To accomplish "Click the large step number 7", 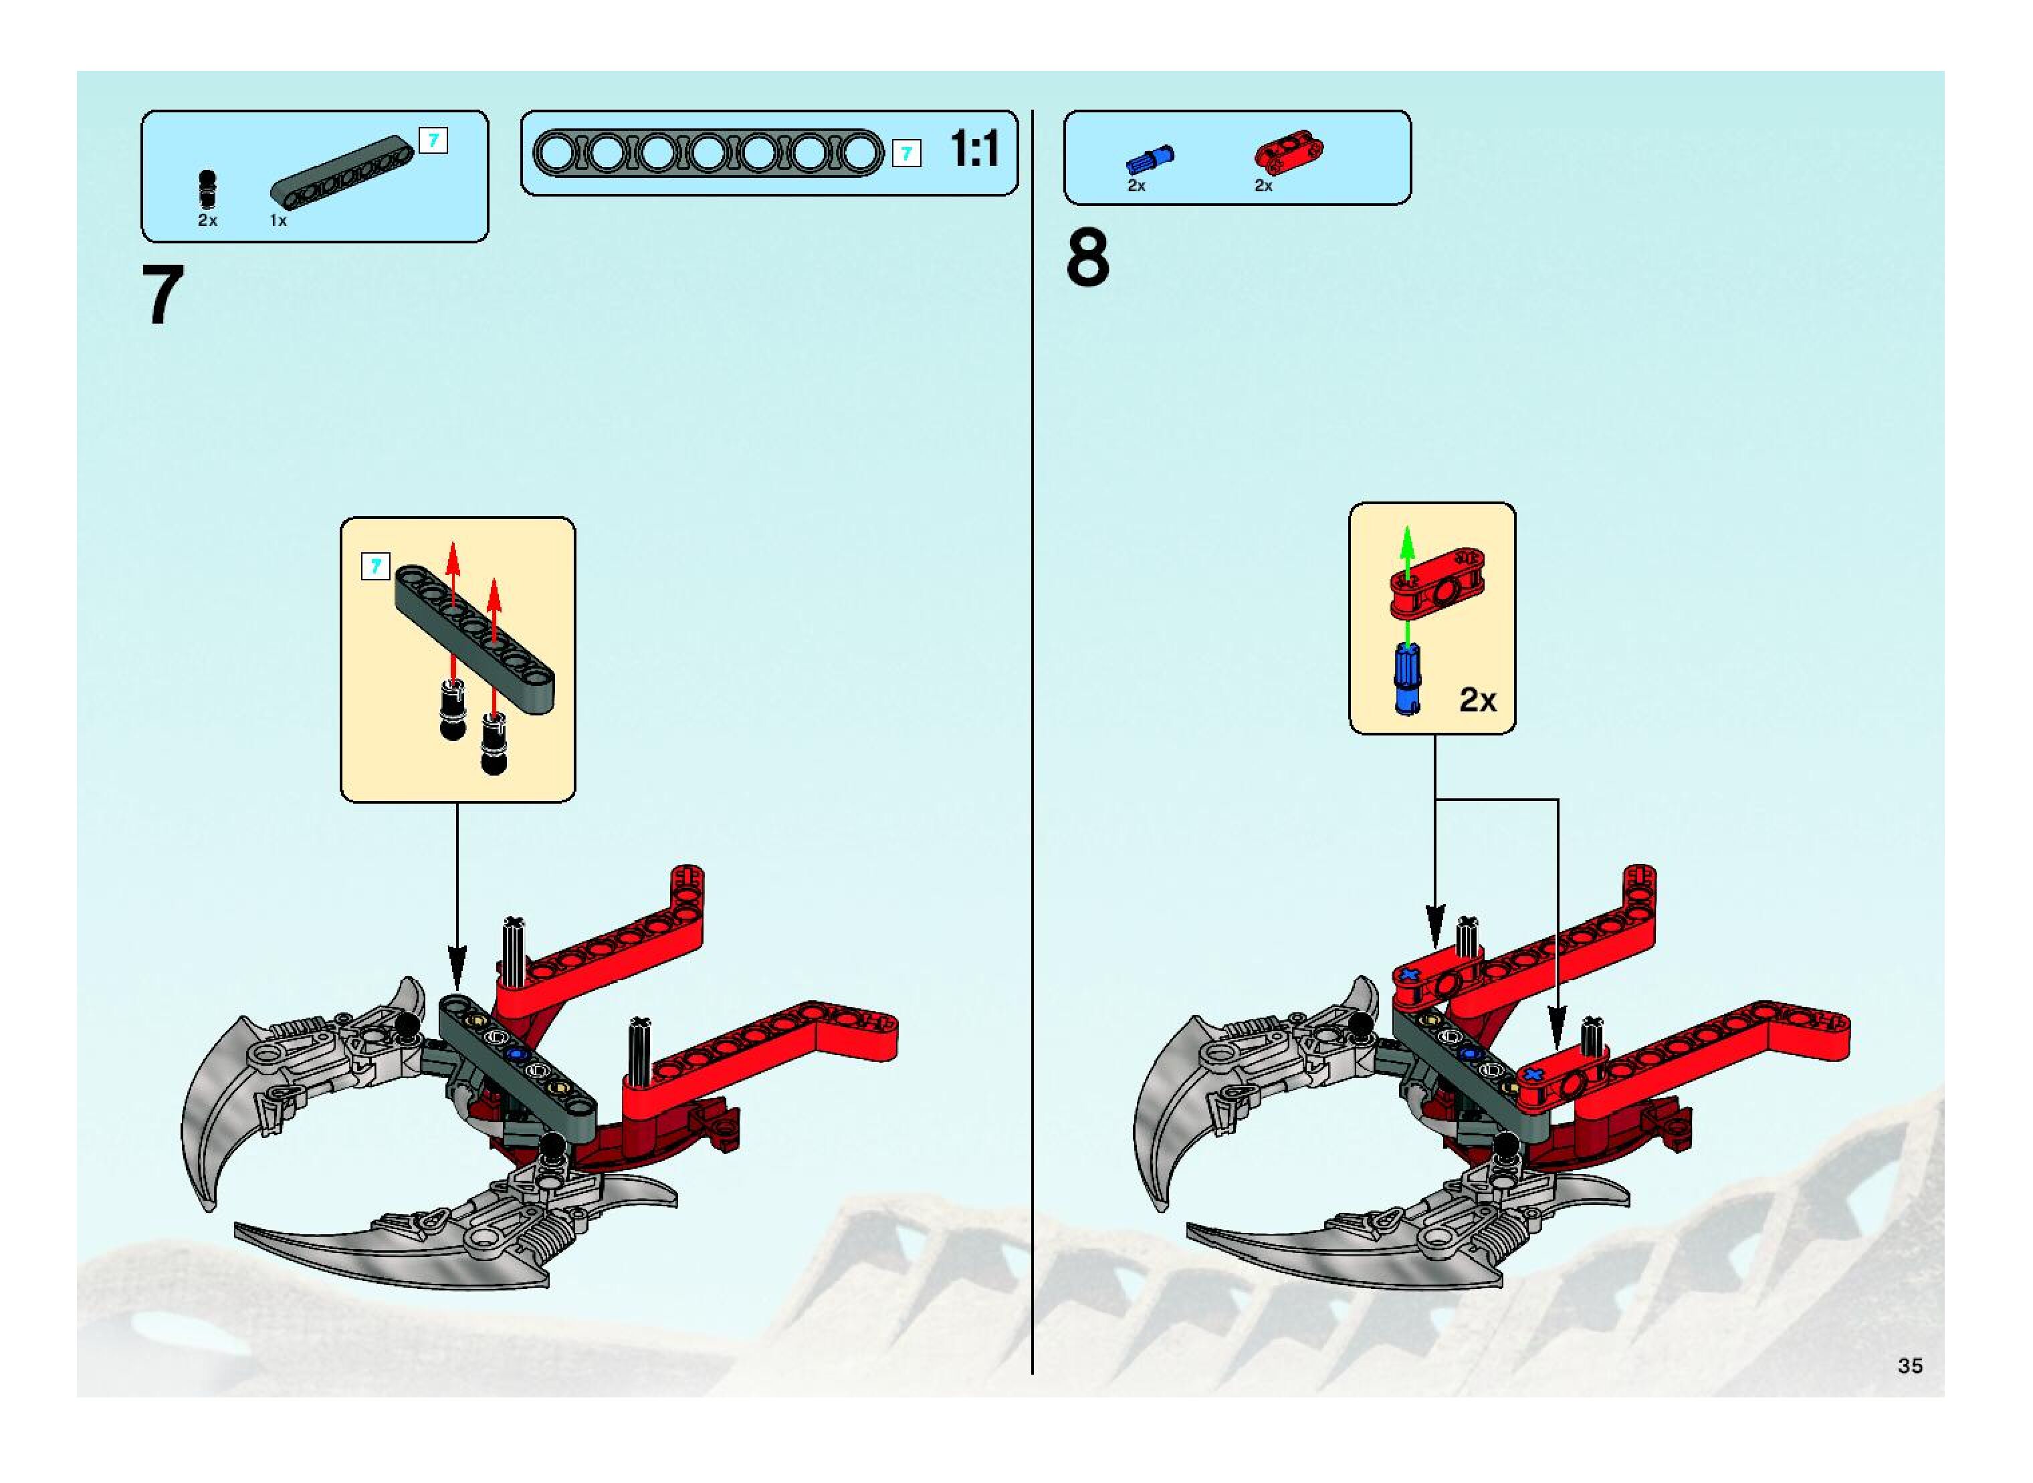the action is click(163, 296).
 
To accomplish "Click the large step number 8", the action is click(1087, 259).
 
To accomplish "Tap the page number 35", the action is click(1910, 1365).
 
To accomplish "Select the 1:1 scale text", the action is click(974, 149).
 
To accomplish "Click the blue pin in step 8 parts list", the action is click(1150, 160).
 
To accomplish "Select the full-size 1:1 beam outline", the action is click(708, 152).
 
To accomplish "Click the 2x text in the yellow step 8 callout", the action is click(1477, 699).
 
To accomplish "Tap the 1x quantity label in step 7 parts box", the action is click(278, 221).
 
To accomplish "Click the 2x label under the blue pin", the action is click(1136, 186).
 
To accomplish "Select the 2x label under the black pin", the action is click(207, 221).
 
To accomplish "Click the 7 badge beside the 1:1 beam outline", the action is click(906, 154).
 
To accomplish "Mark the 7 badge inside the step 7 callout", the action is click(375, 566).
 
